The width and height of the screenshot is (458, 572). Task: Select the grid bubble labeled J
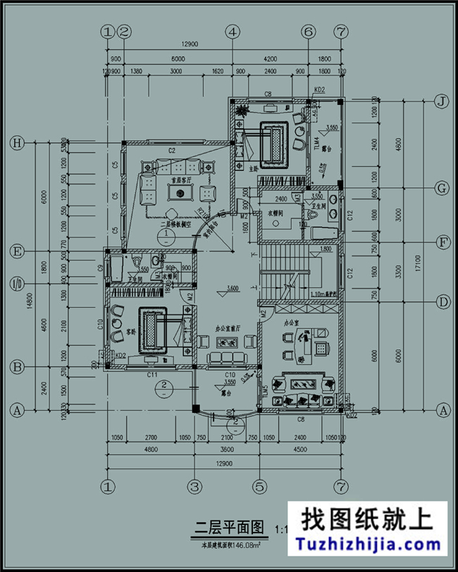(x=442, y=101)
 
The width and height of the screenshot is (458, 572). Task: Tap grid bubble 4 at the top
(x=233, y=32)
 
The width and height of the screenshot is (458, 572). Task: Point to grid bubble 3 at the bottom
(x=195, y=486)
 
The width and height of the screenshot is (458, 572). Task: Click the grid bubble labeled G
(x=442, y=189)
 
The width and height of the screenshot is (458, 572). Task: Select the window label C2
(x=171, y=151)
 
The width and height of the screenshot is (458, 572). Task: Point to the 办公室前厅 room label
(x=228, y=328)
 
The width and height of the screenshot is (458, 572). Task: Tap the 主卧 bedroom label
(x=255, y=168)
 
